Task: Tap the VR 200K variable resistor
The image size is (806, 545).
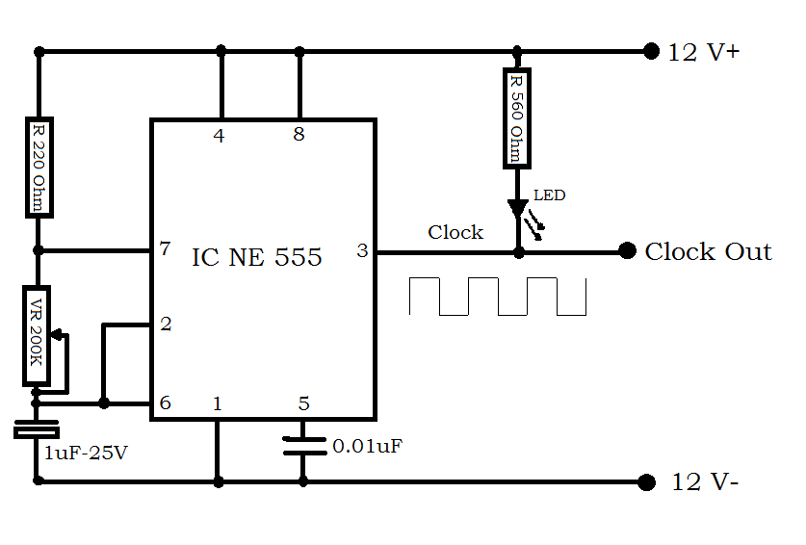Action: coord(38,335)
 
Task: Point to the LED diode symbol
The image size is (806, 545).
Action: coord(518,207)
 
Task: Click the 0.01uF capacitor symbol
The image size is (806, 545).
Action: coord(302,447)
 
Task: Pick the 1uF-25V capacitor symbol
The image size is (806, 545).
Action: coord(37,428)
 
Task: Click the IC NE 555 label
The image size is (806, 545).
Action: coord(257,257)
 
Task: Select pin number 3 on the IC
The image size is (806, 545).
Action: coord(362,251)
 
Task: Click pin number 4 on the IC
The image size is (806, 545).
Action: coord(220,136)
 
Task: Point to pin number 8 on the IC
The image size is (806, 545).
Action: coord(299,136)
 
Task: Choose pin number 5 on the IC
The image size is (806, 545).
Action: coord(303,404)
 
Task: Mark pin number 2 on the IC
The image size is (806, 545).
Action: coord(166,324)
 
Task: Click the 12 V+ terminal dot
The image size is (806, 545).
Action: coord(650,50)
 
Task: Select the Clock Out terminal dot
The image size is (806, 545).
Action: coord(628,251)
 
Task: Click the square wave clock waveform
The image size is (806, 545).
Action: coord(497,297)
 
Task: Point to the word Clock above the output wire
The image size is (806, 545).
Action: coord(455,232)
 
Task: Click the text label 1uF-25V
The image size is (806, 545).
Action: coord(86,451)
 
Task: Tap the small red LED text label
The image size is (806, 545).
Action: coord(549,195)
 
